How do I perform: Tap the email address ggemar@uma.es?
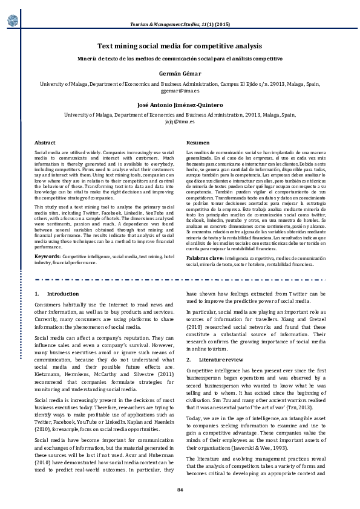pos(180,89)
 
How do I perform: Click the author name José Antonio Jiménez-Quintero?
pos(180,104)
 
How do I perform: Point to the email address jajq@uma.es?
pos(180,121)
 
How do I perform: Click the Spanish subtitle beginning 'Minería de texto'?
pos(180,59)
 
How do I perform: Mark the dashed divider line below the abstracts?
pos(180,280)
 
